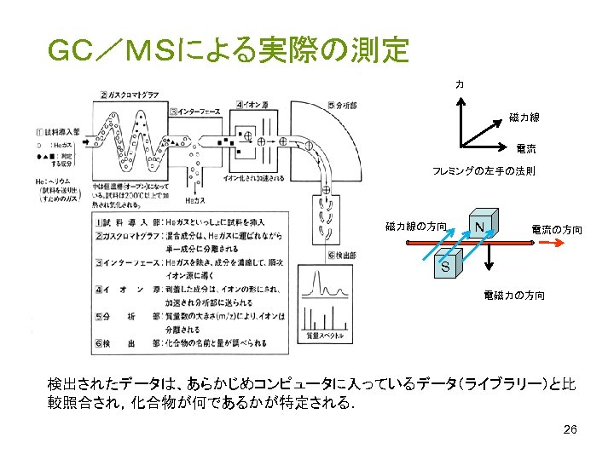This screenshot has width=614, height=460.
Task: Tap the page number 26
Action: [x=571, y=429]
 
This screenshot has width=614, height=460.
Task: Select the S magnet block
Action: [x=445, y=267]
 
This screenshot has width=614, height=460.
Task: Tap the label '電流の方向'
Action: [x=556, y=229]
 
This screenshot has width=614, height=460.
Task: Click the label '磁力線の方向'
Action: [x=415, y=227]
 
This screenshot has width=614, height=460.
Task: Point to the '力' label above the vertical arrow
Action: [x=460, y=84]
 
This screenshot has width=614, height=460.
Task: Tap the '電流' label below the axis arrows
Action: [x=525, y=149]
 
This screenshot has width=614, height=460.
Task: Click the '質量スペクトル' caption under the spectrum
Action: [x=326, y=336]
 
